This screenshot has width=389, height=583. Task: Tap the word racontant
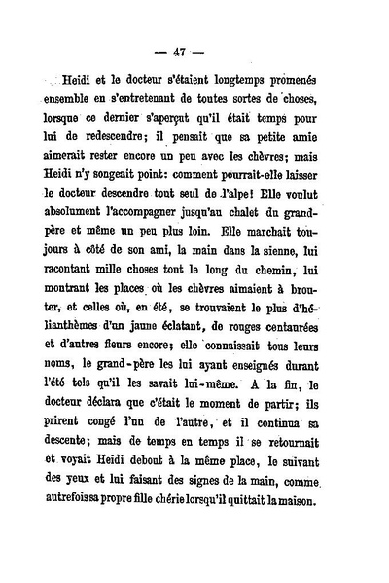pyautogui.click(x=77, y=288)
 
